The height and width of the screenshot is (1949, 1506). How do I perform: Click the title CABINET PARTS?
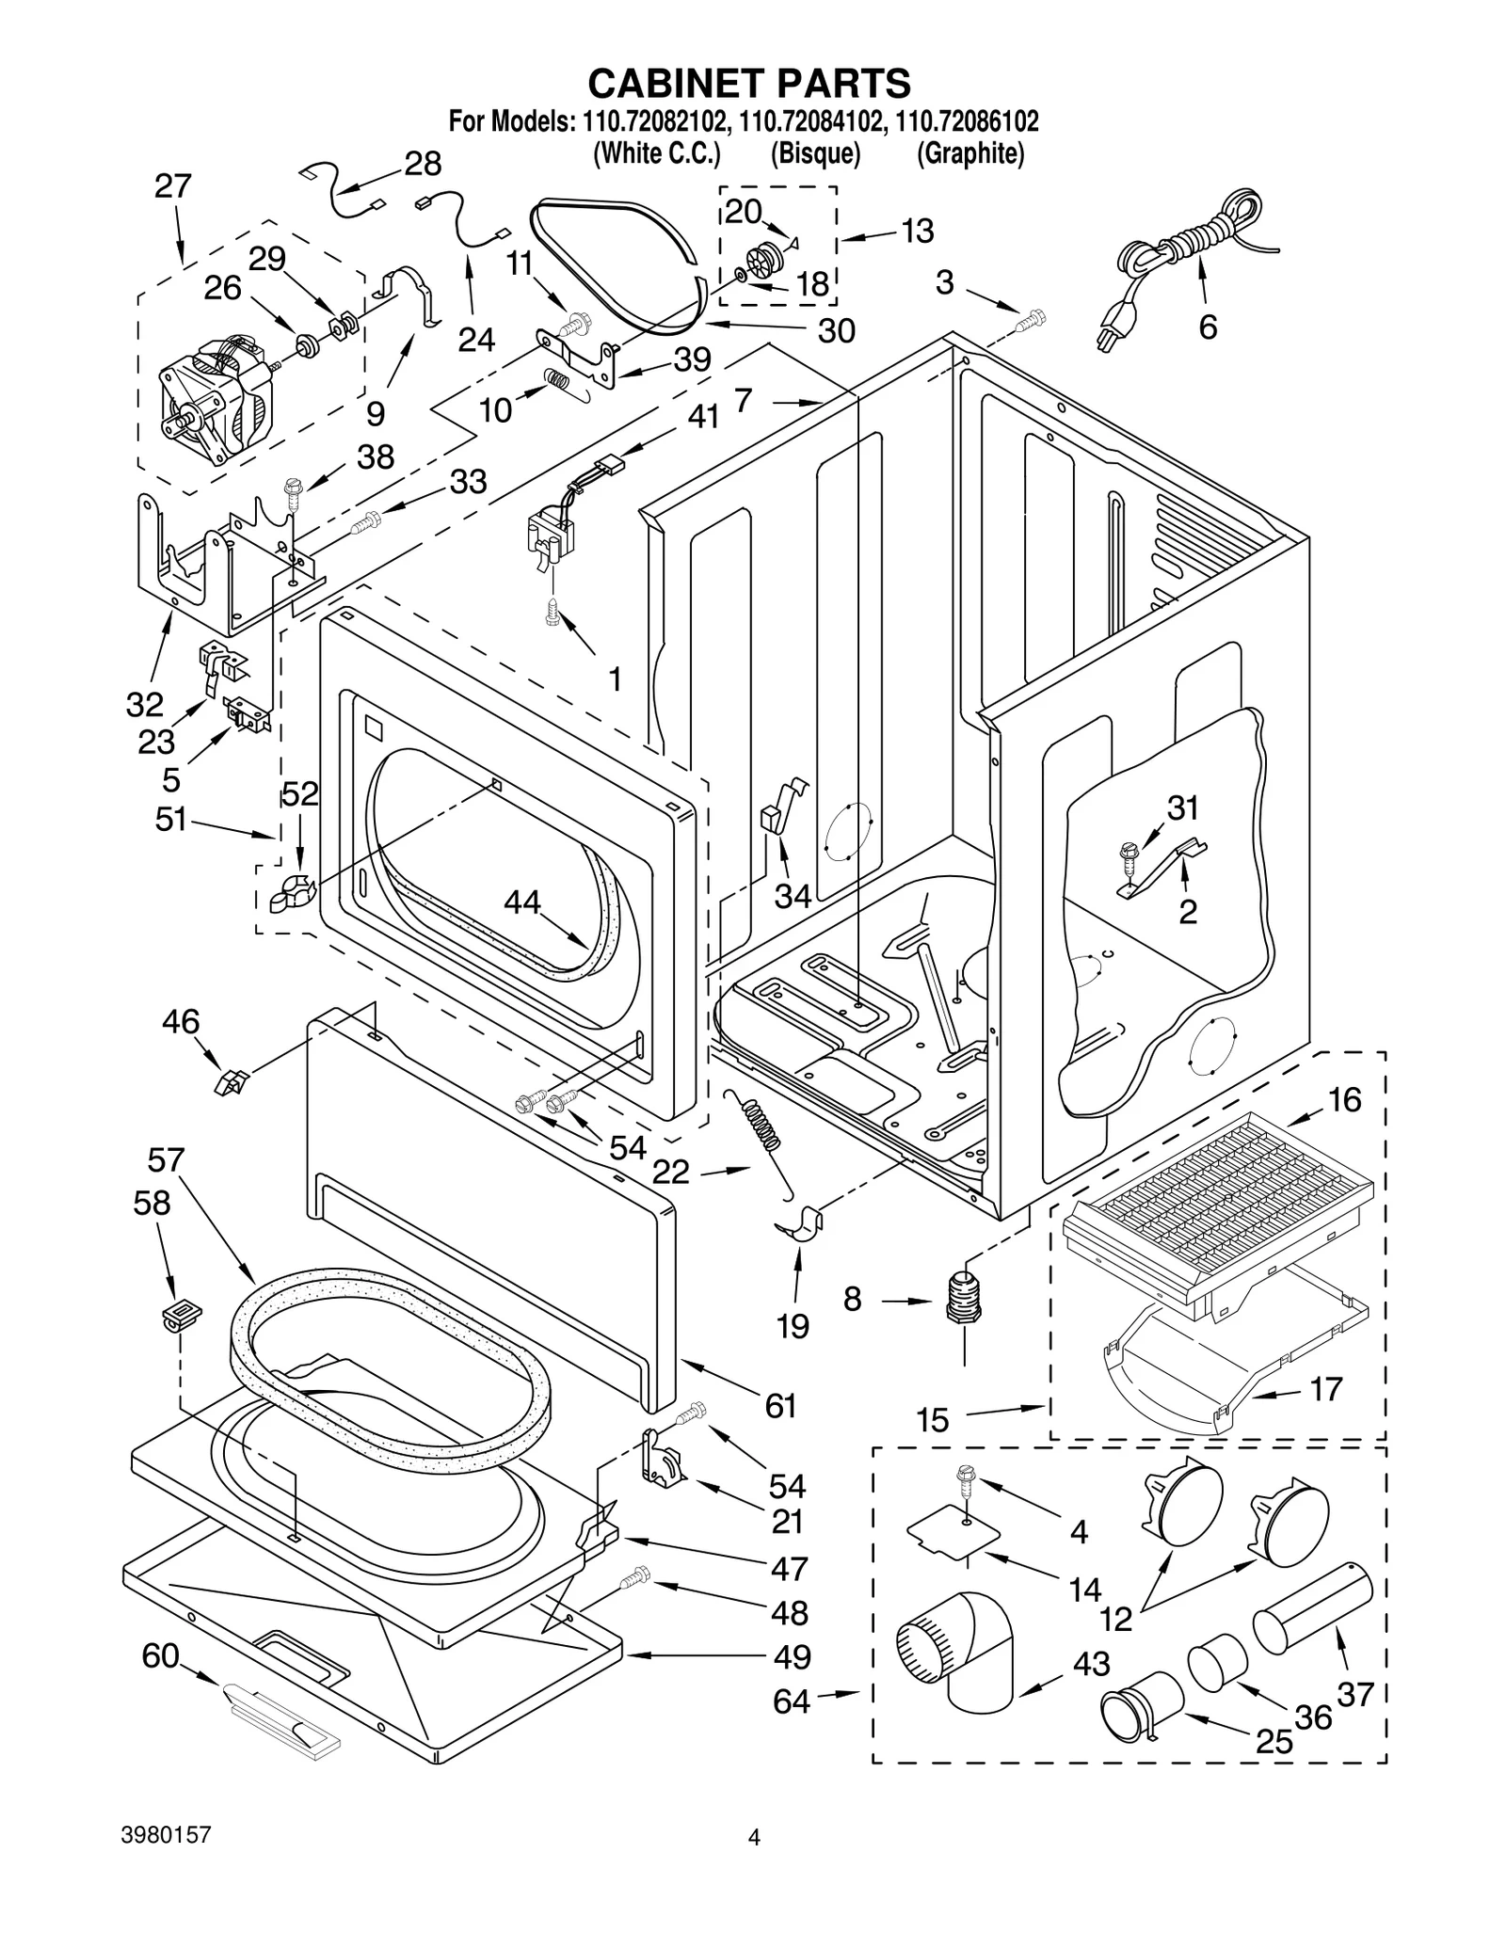749,84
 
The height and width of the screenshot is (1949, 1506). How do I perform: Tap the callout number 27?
173,186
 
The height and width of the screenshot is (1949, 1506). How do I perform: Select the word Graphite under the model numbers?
969,153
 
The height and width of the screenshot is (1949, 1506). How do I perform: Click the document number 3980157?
167,1834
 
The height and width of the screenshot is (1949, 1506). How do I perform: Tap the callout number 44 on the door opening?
522,903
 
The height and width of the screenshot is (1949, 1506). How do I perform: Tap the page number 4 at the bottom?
753,1836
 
